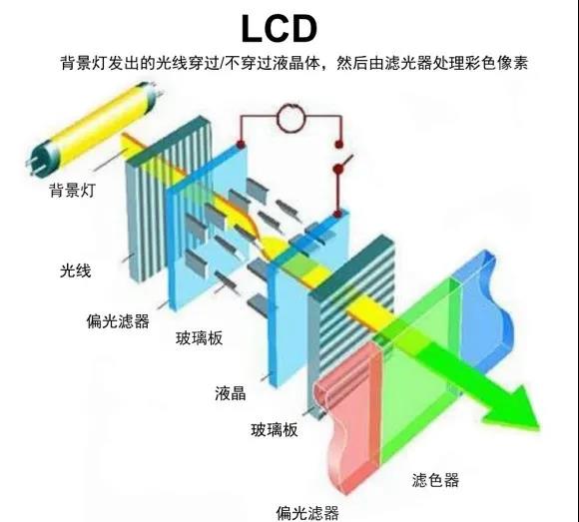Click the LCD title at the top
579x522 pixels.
click(x=280, y=28)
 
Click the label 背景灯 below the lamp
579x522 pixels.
click(x=72, y=190)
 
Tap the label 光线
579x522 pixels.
click(x=75, y=270)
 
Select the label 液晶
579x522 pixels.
click(x=231, y=393)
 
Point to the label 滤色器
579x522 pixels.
click(x=435, y=480)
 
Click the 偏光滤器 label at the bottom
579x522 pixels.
click(x=307, y=513)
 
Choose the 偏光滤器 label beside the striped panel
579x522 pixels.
click(x=118, y=321)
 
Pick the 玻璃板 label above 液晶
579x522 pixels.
click(x=200, y=338)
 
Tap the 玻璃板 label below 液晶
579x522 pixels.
click(x=275, y=430)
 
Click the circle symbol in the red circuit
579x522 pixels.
click(x=291, y=118)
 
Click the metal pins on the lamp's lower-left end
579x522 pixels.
click(x=34, y=168)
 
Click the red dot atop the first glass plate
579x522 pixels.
click(x=241, y=145)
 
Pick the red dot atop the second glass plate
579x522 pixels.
click(x=336, y=214)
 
